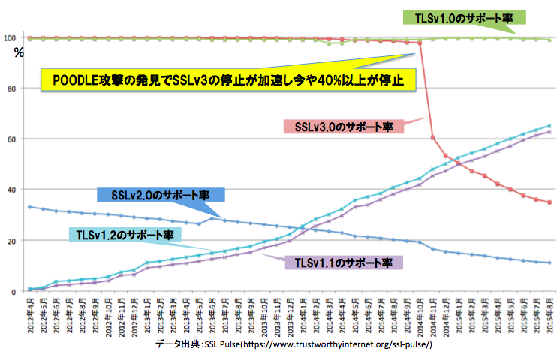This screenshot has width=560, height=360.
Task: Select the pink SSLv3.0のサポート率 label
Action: [x=343, y=126]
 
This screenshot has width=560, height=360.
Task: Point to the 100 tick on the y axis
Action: [x=10, y=38]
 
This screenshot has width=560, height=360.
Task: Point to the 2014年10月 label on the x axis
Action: [x=420, y=315]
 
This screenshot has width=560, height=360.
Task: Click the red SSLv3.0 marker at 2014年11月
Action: [x=433, y=137]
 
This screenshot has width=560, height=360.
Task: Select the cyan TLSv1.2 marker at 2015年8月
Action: [x=549, y=126]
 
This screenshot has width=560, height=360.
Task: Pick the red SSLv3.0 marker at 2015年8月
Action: [x=549, y=202]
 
